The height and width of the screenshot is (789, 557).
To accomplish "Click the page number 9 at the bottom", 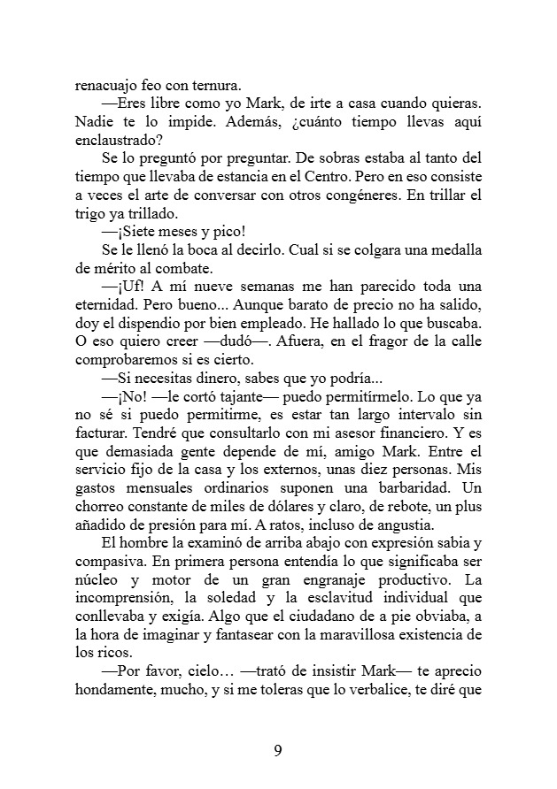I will pyautogui.click(x=278, y=751).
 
